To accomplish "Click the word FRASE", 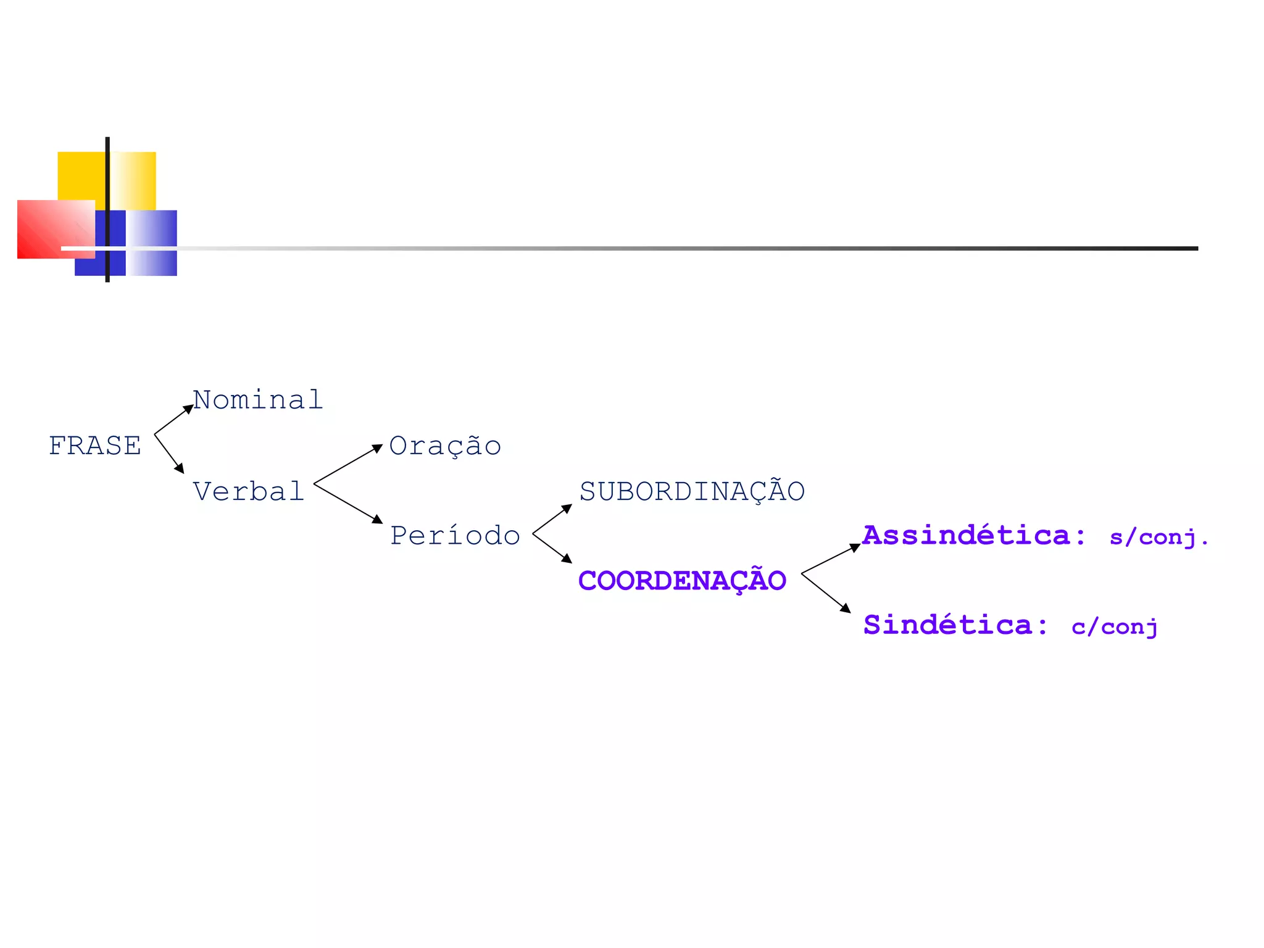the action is [95, 446].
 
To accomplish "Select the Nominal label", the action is [258, 400].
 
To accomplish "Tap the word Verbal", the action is [248, 492].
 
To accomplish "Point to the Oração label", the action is [445, 446].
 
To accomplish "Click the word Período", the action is [455, 536].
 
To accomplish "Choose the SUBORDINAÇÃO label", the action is [692, 492].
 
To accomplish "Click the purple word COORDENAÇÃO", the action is [682, 581].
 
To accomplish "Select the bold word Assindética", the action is [966, 535].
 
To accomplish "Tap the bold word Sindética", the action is [947, 625].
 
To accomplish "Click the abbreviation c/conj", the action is [1114, 627].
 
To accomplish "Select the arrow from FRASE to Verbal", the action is [169, 454].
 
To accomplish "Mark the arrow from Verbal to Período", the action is [348, 503].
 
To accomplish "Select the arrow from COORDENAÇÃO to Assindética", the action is [831, 559].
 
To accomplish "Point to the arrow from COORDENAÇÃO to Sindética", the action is [826, 592].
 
